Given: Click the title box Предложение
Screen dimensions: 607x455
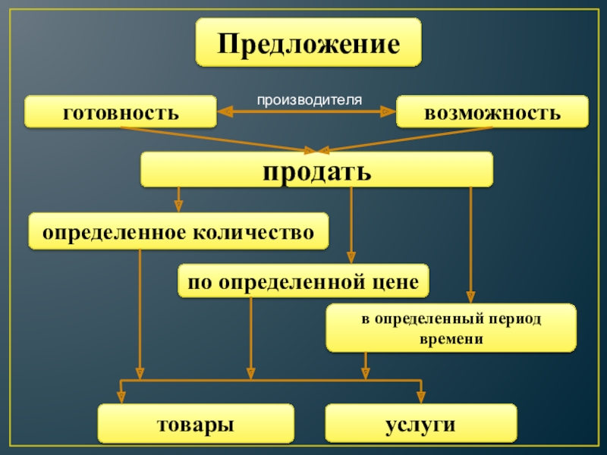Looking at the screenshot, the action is click(308, 42).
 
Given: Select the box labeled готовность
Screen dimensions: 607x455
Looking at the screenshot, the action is click(121, 111).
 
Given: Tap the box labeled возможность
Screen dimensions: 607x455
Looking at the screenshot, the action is click(492, 111).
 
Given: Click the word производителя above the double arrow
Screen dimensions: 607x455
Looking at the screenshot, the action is click(309, 99).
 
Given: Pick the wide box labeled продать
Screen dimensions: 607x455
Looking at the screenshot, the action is click(316, 169).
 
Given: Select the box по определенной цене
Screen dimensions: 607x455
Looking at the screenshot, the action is click(303, 281).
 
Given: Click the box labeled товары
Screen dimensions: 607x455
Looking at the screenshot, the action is click(195, 423).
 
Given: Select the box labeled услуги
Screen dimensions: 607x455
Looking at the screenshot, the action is click(421, 423).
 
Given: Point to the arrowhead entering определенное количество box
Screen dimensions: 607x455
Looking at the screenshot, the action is click(179, 206).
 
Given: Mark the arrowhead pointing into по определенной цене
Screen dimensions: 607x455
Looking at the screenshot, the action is click(351, 257).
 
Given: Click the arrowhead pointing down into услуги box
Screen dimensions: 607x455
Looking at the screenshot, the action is click(422, 396).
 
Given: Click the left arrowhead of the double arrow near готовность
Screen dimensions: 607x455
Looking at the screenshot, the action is click(225, 111).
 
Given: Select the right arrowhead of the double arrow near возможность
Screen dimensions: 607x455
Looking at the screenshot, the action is click(388, 111).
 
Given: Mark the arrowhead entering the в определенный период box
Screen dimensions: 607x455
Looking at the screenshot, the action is click(471, 297).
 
